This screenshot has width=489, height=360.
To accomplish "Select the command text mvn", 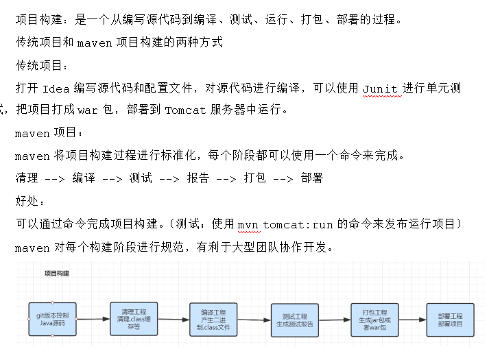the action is (x=248, y=224).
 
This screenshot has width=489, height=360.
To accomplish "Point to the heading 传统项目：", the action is (x=43, y=66).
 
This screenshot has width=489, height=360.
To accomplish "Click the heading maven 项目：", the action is (x=49, y=133).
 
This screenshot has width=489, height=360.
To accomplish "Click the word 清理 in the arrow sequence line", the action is (x=27, y=178).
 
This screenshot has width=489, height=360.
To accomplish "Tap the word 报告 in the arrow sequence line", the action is (x=198, y=178).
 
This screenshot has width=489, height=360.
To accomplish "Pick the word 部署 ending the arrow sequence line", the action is (x=311, y=178).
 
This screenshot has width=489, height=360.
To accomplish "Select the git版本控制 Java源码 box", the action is (x=52, y=319).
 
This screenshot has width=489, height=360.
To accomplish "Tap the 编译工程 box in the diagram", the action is (x=214, y=320).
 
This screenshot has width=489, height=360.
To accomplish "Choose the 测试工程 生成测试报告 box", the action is (x=294, y=320).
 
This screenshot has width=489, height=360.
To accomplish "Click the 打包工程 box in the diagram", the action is (x=374, y=319).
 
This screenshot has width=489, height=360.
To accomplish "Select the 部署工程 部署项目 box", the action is (x=450, y=320).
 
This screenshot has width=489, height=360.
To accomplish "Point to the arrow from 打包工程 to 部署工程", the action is (x=412, y=319).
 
